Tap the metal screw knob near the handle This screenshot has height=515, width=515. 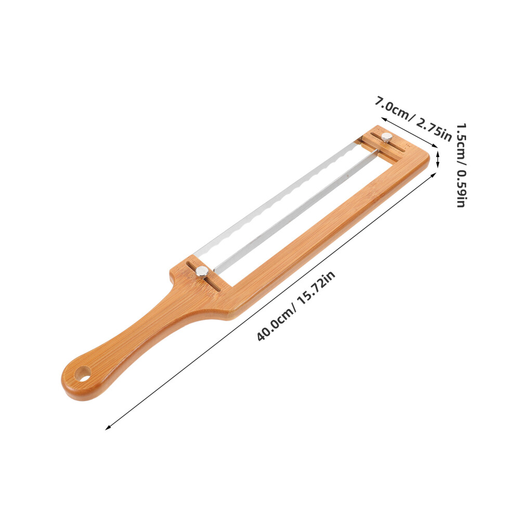pos(202,272)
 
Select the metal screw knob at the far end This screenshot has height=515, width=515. pos(387,137)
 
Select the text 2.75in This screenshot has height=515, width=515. pos(434,130)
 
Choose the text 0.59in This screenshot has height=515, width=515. pos(461,188)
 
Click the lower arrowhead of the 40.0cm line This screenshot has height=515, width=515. pos(107,428)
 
